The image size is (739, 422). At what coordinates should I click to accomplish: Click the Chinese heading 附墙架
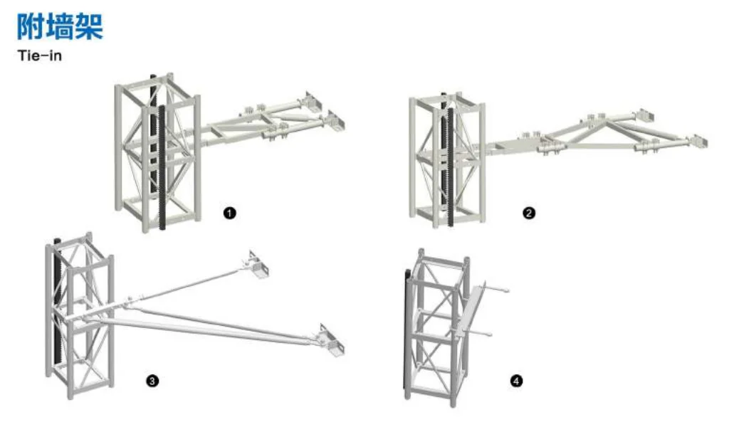(x=60, y=26)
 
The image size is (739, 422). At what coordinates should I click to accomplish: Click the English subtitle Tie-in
(x=40, y=56)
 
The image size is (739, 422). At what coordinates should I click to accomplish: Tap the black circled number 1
(x=229, y=213)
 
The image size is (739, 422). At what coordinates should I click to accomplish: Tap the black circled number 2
(x=529, y=213)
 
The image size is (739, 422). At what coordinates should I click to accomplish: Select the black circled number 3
(x=152, y=381)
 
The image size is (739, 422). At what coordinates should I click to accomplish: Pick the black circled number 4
(x=517, y=381)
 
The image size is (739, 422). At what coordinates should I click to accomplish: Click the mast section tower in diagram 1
(x=158, y=152)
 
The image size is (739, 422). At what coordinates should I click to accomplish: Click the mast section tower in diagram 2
(x=447, y=160)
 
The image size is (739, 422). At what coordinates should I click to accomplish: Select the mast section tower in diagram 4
(x=437, y=327)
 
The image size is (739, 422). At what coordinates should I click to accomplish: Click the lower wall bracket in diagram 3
(x=332, y=341)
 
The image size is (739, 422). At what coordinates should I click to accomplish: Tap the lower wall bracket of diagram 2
(x=699, y=142)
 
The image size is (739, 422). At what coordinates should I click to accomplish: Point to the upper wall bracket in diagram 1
(x=312, y=101)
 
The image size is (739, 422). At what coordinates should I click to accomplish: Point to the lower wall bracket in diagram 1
(x=335, y=122)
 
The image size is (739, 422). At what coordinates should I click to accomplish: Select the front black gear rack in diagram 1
(x=162, y=167)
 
